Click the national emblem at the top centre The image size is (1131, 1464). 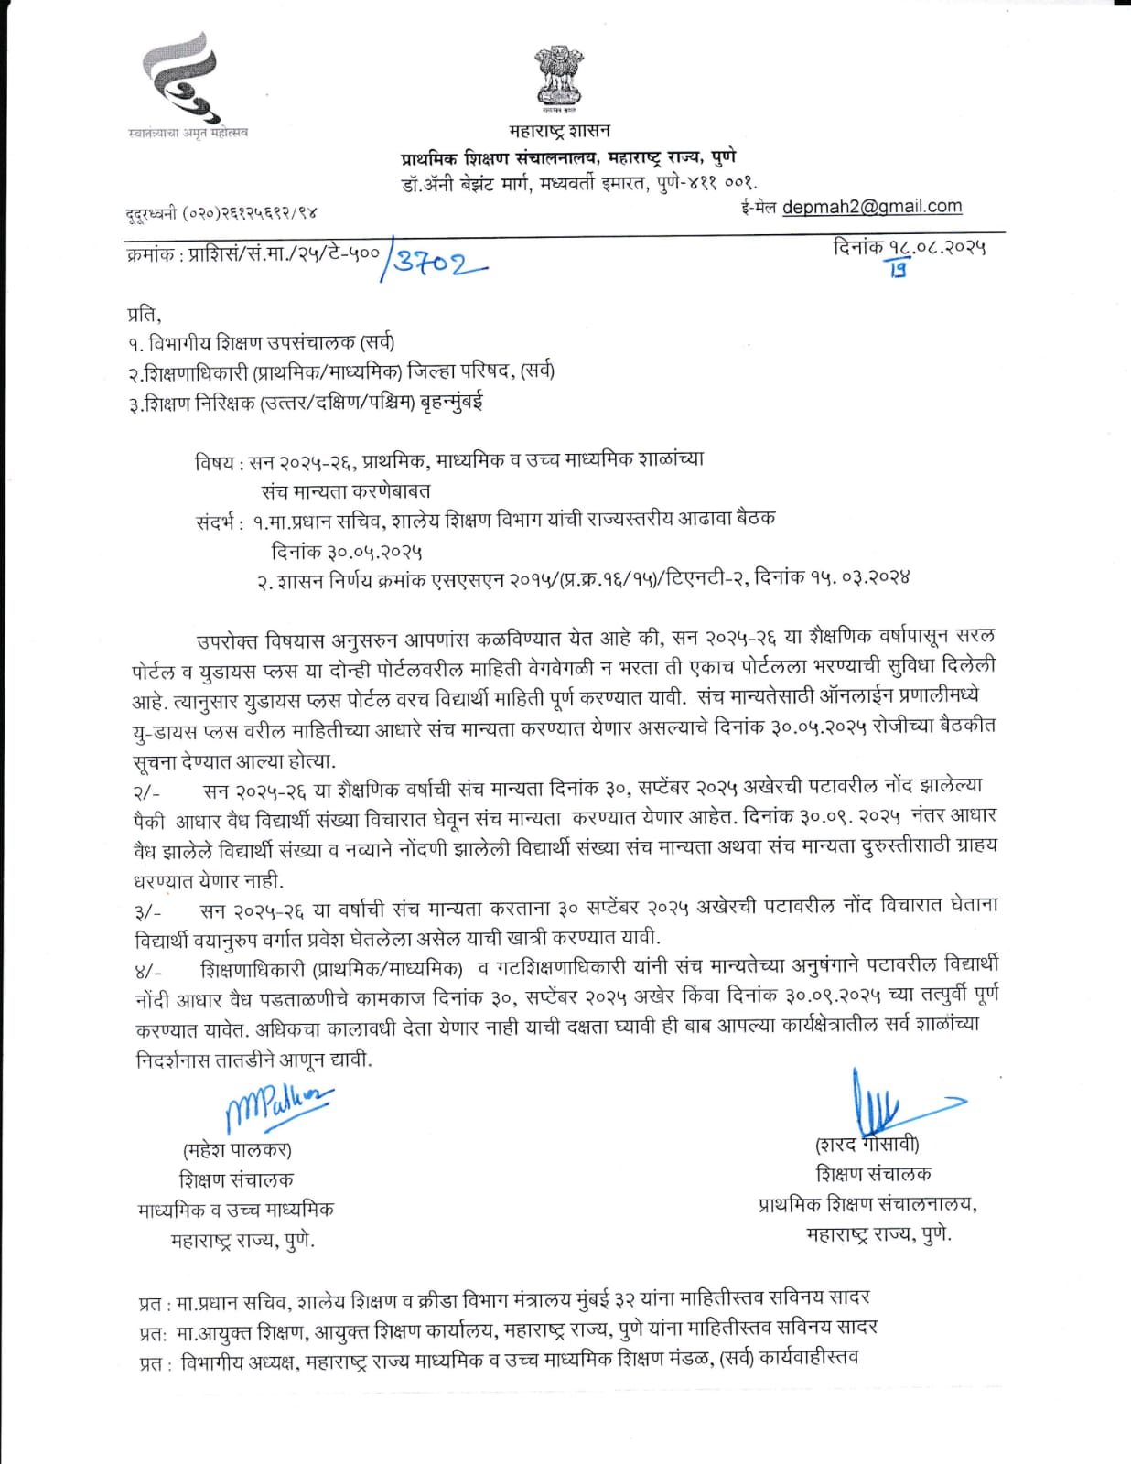560,80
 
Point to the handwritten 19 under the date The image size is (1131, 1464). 898,269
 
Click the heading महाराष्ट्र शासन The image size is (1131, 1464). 560,131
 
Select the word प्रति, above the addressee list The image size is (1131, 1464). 144,314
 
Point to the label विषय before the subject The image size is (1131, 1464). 214,461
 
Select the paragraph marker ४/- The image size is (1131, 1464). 147,971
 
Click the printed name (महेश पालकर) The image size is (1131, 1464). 238,1150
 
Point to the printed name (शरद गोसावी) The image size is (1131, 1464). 867,1145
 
